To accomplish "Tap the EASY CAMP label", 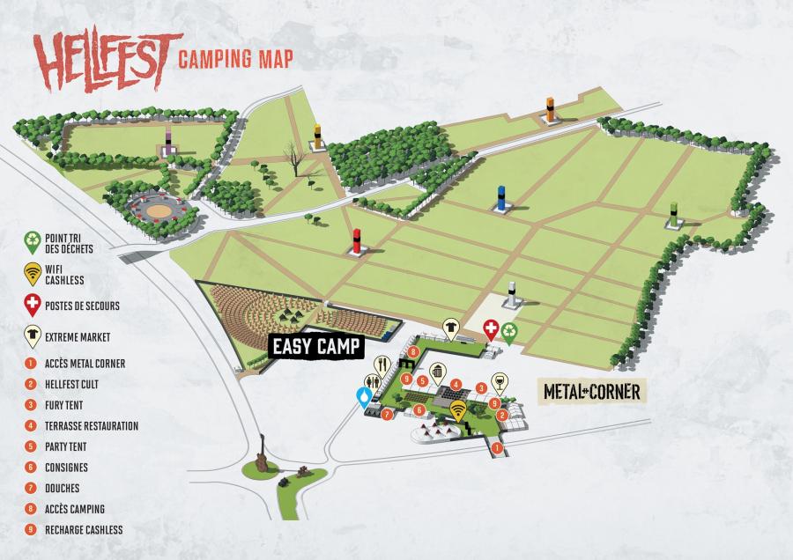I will [316, 347].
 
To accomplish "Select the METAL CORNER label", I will [591, 391].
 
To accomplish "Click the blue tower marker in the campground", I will [501, 199].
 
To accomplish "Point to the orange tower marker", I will [551, 108].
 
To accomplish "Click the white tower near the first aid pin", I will [512, 293].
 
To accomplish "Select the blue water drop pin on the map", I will [363, 398].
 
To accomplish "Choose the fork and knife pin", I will [383, 365].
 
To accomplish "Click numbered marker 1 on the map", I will [497, 448].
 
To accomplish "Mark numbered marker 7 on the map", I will [386, 414].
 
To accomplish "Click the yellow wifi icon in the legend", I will [32, 274].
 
